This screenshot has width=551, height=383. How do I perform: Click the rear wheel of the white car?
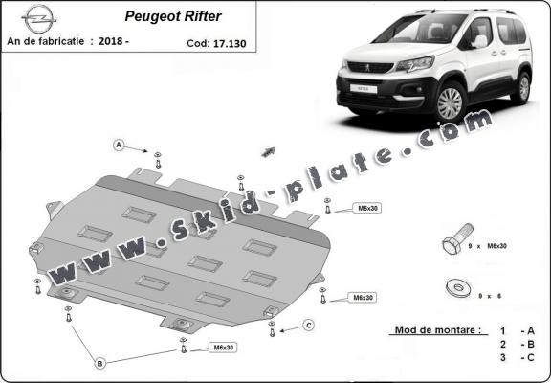[520, 87]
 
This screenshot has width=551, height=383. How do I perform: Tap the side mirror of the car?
[477, 42]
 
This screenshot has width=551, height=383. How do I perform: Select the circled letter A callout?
[120, 146]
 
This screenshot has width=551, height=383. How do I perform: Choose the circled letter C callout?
[309, 326]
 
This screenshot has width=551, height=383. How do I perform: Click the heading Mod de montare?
[437, 330]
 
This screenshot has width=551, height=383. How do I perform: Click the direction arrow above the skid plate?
[269, 150]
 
